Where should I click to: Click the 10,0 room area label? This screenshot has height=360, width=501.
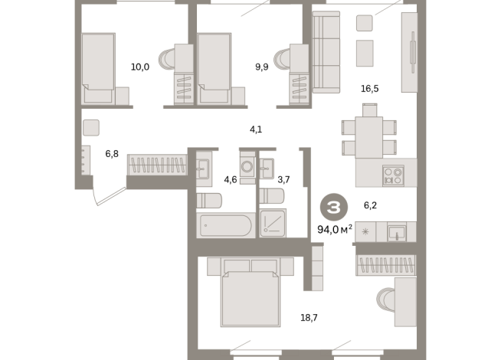[140, 67]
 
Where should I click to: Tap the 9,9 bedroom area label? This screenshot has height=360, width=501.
[262, 67]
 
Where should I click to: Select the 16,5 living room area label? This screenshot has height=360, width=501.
[370, 89]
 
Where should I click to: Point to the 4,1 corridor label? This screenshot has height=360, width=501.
[256, 129]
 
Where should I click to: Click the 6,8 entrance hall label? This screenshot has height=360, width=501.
[112, 154]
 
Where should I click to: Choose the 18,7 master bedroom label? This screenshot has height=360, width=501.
[309, 318]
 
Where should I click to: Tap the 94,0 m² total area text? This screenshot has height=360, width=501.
[335, 229]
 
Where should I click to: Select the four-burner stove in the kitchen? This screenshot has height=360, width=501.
[393, 175]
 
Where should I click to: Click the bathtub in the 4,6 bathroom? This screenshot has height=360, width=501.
[225, 225]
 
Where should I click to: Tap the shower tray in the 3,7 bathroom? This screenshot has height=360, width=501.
[273, 223]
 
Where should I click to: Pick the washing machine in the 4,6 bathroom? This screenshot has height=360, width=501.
[247, 166]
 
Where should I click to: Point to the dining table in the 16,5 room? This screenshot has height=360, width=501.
[369, 137]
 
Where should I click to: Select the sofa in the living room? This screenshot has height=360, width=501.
[326, 52]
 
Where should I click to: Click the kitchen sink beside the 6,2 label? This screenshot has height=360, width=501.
[397, 232]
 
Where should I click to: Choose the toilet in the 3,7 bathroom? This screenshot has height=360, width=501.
[272, 196]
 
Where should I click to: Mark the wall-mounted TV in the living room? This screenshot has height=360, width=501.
[413, 52]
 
